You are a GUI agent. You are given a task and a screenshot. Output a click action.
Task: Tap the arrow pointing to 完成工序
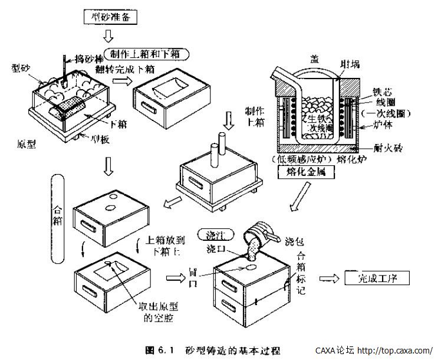click(x=330, y=277)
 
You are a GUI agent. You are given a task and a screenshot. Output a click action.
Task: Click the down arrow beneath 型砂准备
click(x=109, y=37)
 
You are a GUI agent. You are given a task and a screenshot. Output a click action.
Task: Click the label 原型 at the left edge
click(x=27, y=143)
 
